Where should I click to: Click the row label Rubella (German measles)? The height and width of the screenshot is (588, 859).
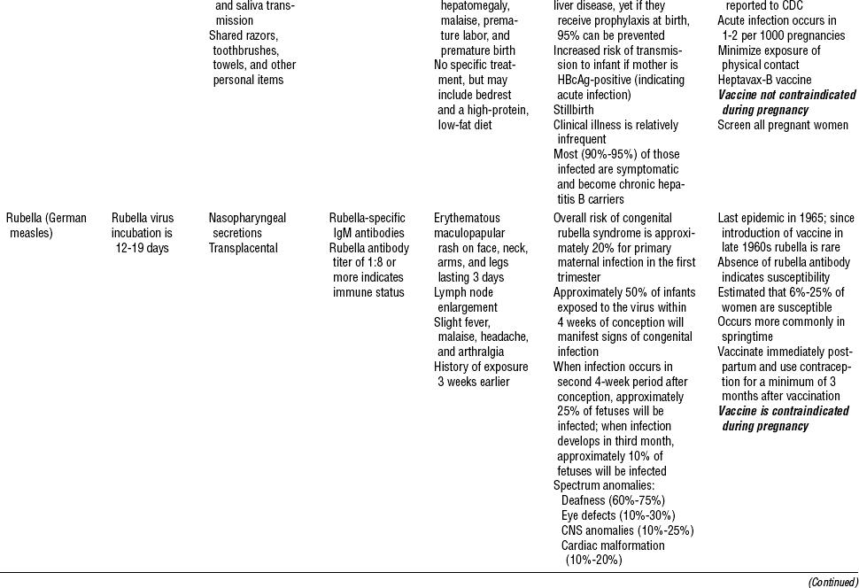click(46, 225)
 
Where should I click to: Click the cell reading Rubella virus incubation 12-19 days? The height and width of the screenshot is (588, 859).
click(143, 233)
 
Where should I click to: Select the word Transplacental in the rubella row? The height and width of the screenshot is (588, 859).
click(244, 248)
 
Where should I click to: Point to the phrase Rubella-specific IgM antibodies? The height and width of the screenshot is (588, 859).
click(368, 225)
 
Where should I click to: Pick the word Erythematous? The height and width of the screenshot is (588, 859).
click(467, 218)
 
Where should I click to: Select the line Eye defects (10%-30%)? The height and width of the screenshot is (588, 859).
click(617, 515)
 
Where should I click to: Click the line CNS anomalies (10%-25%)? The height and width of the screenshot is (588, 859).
click(627, 530)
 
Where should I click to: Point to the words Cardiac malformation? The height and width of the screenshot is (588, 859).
click(613, 545)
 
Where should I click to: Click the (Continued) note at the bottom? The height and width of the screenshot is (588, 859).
click(832, 581)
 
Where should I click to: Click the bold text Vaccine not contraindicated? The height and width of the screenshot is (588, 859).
click(786, 95)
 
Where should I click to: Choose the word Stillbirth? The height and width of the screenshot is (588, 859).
click(576, 110)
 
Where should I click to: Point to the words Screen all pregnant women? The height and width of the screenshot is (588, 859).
click(783, 125)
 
